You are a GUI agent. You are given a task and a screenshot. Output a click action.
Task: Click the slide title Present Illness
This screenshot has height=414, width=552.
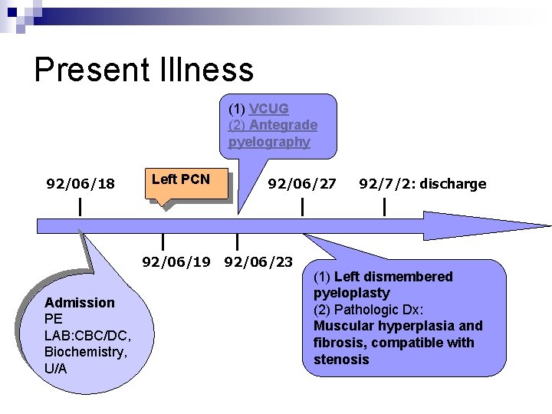point(143,69)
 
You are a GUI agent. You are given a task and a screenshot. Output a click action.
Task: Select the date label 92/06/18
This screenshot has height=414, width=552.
point(80,184)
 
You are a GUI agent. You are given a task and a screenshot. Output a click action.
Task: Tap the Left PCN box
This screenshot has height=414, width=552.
point(180,179)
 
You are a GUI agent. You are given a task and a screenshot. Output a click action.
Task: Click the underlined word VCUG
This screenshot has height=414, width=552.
point(268,109)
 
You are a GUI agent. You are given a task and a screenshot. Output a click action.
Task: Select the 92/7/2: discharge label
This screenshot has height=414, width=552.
point(422,184)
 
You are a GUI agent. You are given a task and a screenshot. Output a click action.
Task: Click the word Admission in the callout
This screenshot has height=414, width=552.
point(80,302)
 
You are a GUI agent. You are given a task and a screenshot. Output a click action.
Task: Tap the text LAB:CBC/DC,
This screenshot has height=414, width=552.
point(88,335)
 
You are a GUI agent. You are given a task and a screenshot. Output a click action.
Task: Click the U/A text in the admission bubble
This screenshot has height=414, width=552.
point(56,369)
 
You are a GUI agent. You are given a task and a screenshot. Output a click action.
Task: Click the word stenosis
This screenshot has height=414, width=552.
point(341,360)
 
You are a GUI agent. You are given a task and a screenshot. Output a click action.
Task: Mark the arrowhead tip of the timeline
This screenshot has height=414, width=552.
point(548,226)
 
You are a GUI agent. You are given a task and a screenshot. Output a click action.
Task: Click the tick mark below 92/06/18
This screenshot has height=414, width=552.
point(80,206)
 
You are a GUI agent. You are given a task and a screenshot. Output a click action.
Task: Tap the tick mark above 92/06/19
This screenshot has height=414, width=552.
point(163,243)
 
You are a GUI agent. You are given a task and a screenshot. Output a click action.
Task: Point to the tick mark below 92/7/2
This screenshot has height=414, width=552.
point(383,206)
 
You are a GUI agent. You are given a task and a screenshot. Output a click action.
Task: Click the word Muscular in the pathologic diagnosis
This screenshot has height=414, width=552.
point(340,326)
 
